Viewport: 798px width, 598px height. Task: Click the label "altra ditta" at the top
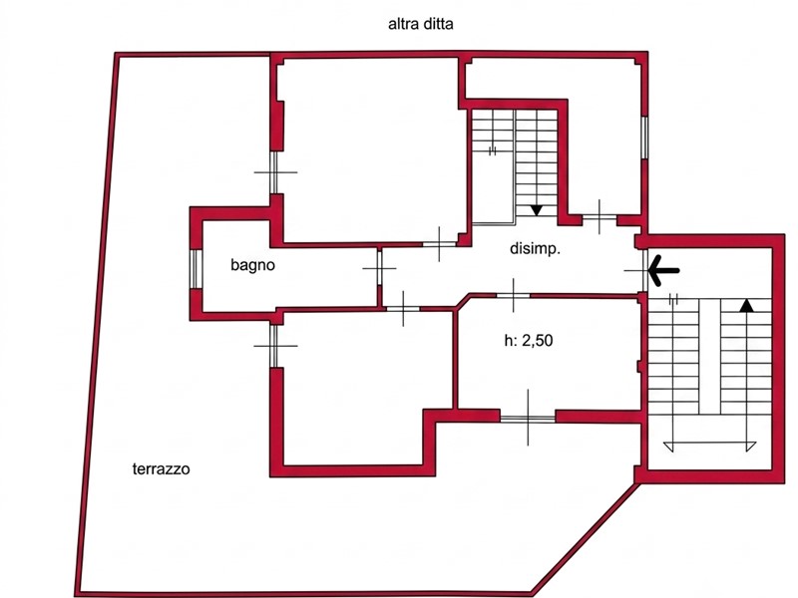[420, 24]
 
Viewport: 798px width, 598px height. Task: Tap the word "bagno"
[252, 265]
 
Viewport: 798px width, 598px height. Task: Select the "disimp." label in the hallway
[535, 248]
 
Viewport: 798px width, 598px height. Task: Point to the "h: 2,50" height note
[529, 340]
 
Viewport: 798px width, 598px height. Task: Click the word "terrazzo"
[161, 468]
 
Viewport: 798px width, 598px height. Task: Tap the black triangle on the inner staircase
[536, 210]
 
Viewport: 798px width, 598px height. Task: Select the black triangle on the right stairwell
[746, 305]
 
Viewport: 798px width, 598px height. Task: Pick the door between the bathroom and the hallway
[379, 267]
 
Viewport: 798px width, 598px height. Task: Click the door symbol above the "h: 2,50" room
[513, 295]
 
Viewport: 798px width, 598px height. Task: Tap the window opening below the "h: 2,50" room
[528, 418]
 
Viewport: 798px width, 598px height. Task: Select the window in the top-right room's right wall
[644, 138]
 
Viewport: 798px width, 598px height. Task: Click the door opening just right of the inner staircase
[599, 217]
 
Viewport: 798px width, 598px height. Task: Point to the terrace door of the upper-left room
[275, 172]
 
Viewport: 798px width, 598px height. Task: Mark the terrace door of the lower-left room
[275, 346]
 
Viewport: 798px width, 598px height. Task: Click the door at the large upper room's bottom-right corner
[439, 244]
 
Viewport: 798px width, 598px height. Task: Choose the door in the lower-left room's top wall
[403, 309]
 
